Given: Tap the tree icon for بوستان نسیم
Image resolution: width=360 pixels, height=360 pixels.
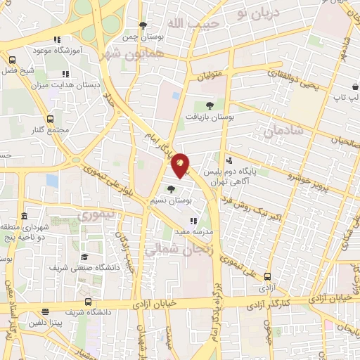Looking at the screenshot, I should (x=172, y=188).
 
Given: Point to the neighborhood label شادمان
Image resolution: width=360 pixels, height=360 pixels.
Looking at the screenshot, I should (x=284, y=130).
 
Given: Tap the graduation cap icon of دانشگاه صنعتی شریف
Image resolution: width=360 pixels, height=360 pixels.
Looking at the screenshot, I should (x=84, y=257).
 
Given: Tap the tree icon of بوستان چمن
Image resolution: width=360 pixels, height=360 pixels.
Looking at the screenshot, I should (x=143, y=25).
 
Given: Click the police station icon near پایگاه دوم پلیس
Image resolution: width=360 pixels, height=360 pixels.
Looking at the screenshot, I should (x=229, y=160).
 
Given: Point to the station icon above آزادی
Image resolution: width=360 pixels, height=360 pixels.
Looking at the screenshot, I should (x=267, y=276).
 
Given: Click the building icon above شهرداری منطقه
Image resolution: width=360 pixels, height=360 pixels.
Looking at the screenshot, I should (x=25, y=215).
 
